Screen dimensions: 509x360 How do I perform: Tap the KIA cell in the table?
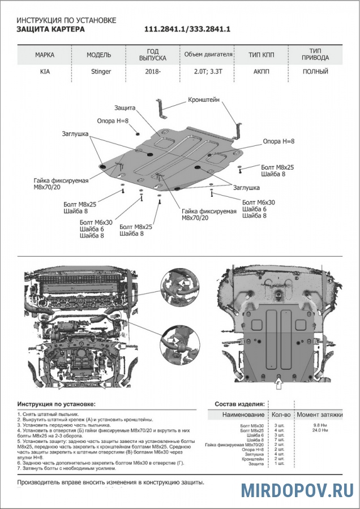click(45, 72)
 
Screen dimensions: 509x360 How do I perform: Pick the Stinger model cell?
click(101, 72)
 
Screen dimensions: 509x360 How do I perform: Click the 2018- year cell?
click(152, 72)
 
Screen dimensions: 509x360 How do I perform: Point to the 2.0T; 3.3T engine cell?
click(208, 72)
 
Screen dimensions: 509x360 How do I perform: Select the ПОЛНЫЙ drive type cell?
click(315, 72)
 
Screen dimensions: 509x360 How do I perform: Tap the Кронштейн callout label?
click(204, 100)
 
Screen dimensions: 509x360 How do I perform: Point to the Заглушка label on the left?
click(76, 134)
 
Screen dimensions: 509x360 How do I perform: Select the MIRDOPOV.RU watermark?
click(297, 490)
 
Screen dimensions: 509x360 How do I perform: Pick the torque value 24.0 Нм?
click(320, 430)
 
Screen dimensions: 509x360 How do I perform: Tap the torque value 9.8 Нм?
click(320, 424)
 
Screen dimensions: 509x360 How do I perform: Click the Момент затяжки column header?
click(320, 415)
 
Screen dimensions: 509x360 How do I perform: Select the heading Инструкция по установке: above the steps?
click(57, 405)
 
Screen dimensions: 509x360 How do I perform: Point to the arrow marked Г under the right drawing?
click(277, 385)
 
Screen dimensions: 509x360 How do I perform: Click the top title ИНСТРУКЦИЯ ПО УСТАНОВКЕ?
click(66, 20)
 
